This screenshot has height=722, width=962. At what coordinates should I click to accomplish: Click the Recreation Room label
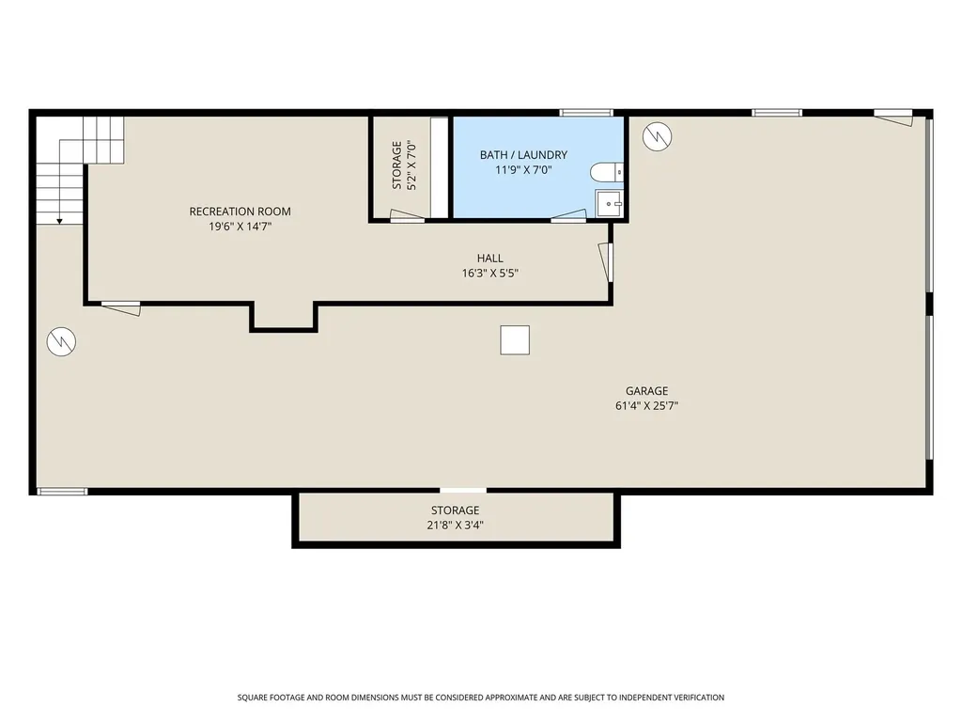240,212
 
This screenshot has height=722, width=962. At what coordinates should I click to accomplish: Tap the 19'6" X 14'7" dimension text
240,227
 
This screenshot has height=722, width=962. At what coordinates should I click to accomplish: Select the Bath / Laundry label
523,155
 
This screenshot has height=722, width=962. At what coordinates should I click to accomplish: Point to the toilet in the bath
607,173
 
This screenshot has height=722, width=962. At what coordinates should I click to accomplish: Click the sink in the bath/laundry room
609,203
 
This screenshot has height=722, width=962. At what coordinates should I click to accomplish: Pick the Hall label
490,259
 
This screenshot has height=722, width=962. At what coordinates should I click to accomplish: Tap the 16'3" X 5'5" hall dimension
490,274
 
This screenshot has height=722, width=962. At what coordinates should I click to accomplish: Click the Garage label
646,390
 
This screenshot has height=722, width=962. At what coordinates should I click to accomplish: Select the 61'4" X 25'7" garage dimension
646,406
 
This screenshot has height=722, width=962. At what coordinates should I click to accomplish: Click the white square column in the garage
515,340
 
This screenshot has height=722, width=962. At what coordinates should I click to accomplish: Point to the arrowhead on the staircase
59,221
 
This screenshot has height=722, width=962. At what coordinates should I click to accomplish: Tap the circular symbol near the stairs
61,341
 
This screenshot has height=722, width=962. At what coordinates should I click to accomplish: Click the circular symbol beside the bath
657,136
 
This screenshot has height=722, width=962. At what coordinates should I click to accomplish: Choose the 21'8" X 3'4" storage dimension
456,525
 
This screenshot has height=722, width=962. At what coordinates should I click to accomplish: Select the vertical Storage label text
397,165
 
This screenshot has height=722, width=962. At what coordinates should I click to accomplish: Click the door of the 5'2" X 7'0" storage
407,214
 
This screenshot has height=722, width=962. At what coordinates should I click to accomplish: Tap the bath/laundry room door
569,214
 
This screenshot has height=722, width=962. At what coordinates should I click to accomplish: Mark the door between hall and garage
606,262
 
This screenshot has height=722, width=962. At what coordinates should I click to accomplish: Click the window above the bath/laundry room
586,113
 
